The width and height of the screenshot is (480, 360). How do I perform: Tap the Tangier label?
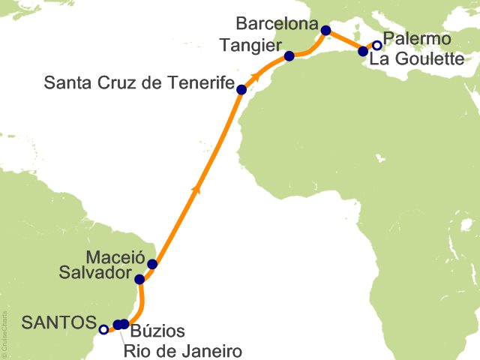point(250,45)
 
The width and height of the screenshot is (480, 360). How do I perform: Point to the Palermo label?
point(416,38)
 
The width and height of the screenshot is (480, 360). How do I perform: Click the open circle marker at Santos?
point(103,328)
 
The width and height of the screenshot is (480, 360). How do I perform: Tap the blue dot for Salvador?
point(139,280)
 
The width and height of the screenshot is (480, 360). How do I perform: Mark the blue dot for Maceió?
point(153,264)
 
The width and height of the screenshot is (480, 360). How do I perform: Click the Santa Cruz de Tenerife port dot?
point(241,90)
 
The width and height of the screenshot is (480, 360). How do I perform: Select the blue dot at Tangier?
point(289,56)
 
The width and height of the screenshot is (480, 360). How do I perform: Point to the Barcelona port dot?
point(325,31)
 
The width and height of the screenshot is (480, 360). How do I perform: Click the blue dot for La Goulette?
point(364,52)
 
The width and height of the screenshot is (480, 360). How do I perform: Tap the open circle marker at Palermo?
point(377,45)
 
